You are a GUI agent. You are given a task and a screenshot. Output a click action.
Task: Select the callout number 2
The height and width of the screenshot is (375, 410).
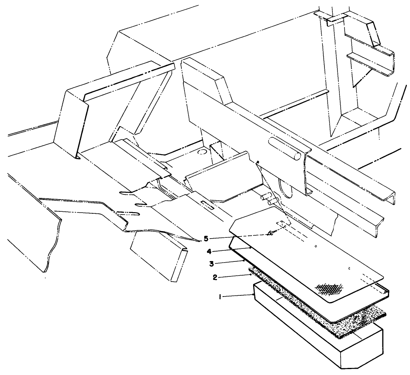(215, 277)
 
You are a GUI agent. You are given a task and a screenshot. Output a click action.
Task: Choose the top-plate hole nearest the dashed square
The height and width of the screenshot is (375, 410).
(316, 247)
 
